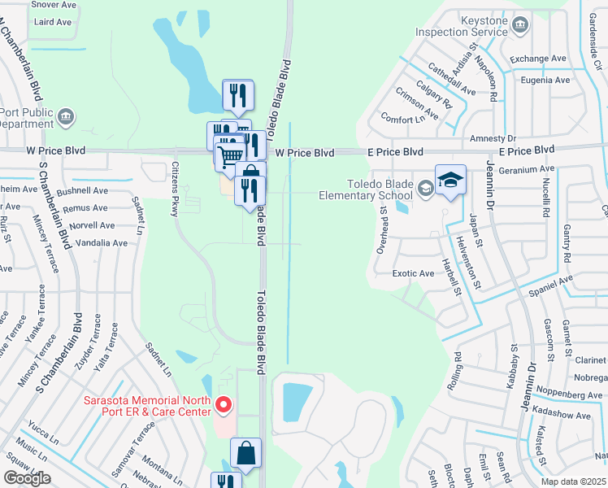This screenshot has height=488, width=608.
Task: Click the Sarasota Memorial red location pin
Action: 224,403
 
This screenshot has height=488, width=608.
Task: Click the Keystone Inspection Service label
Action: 461,25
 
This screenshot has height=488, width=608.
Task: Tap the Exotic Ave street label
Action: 414,274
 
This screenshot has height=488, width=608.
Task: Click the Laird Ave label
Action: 52,22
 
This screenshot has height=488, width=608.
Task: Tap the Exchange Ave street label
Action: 538,59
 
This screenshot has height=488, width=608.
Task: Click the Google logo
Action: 27,478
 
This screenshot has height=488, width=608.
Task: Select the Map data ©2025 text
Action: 572,481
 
